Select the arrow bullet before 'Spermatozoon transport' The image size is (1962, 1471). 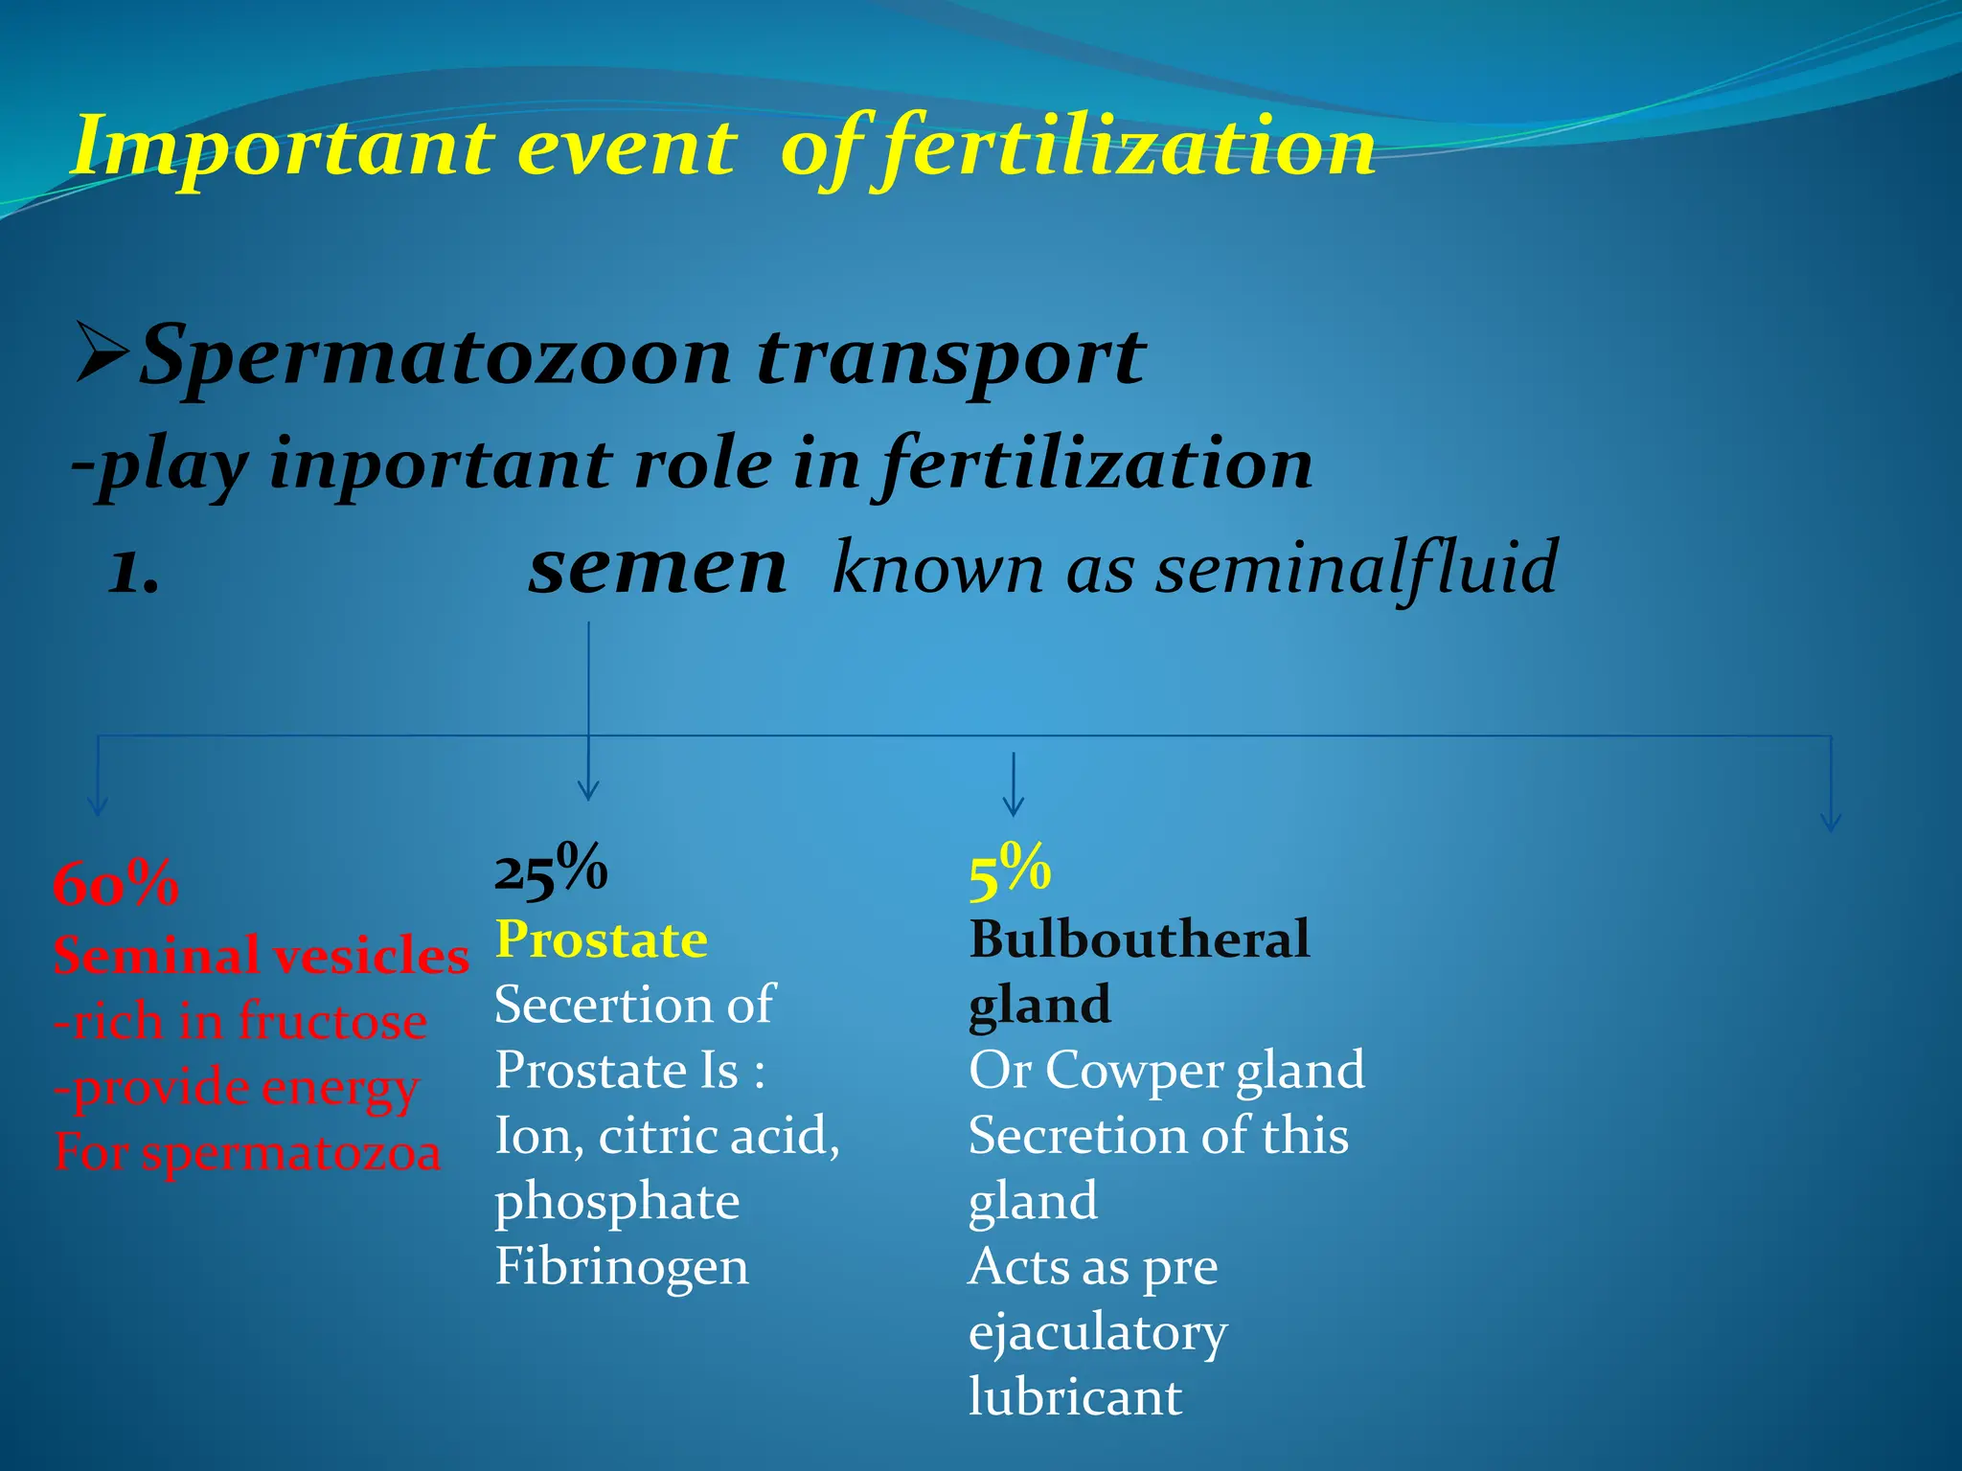click(102, 353)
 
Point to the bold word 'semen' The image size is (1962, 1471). click(657, 567)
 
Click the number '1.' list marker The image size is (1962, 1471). click(134, 572)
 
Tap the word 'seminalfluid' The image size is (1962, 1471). click(1357, 568)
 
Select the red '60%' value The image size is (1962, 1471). click(116, 884)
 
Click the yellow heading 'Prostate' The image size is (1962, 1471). click(602, 939)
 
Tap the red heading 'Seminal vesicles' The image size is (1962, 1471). click(262, 956)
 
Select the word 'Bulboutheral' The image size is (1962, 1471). click(1139, 939)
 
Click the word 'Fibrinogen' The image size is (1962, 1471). click(622, 1267)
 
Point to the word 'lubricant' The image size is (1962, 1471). click(1075, 1397)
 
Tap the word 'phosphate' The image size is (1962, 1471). click(617, 1203)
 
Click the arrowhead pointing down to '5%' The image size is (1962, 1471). click(1013, 806)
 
